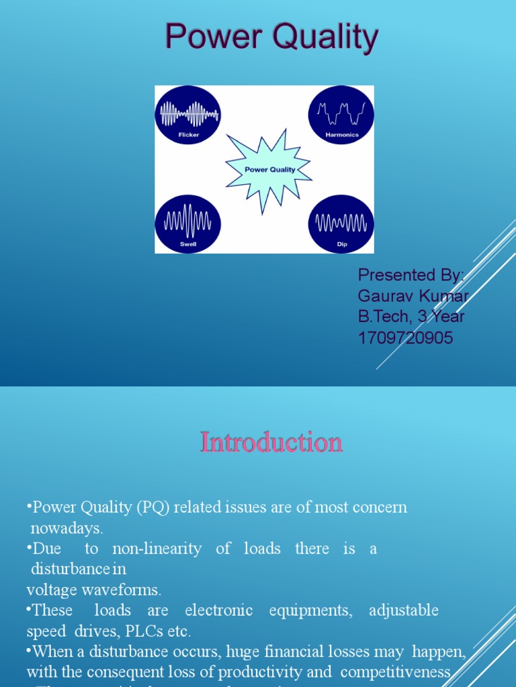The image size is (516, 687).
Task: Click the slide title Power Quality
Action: pos(271,38)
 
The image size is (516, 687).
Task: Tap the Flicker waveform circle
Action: pos(189,115)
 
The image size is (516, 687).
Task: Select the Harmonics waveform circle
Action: pos(341,115)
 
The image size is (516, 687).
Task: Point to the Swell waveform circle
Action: pos(188,224)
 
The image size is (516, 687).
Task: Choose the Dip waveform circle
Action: pos(341,224)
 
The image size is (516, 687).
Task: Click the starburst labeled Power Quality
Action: pos(269,169)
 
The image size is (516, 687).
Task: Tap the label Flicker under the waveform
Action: pos(189,135)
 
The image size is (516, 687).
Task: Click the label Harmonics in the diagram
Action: pos(342,135)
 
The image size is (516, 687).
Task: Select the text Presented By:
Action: pos(411,274)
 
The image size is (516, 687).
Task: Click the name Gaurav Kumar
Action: pos(413,296)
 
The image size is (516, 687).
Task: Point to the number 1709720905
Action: pos(406,338)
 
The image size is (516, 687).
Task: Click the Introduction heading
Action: pos(271,443)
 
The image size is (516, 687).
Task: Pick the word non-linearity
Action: pos(157,549)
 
